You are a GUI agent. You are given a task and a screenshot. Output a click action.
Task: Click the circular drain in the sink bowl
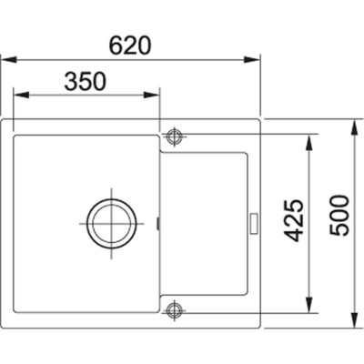tap(110, 221)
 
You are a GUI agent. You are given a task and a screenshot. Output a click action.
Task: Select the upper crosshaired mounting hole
tap(174, 136)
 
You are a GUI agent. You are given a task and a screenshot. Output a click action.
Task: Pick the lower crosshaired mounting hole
tap(174, 309)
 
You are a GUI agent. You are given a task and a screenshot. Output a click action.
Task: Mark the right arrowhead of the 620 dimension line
tap(256, 60)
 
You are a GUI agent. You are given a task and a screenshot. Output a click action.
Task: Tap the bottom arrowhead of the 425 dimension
tap(313, 302)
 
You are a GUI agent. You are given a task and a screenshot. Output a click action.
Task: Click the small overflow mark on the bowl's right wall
tap(159, 222)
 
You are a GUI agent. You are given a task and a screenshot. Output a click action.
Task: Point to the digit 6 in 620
tap(113, 44)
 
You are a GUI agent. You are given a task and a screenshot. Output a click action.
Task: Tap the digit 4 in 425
tap(293, 238)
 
